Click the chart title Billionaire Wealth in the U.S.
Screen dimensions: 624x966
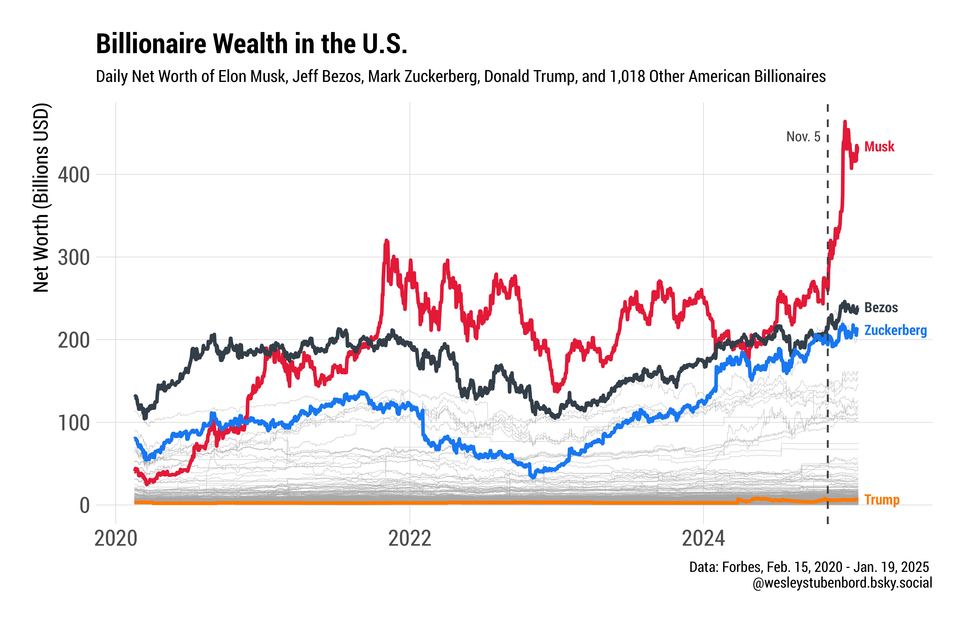(251, 44)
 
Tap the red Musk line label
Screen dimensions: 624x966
(879, 147)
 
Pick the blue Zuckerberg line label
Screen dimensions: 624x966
(895, 330)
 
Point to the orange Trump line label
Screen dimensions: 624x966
(881, 500)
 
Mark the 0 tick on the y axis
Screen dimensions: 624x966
(84, 506)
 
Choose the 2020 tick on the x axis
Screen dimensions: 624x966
(116, 539)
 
